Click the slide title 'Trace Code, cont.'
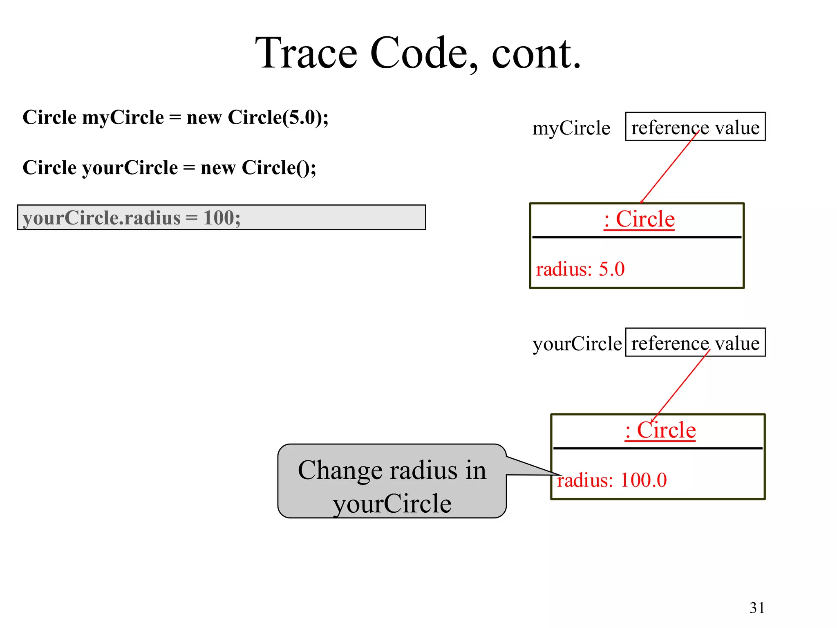click(418, 53)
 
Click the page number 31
click(757, 608)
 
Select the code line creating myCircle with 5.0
click(175, 118)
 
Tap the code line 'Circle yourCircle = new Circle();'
click(169, 168)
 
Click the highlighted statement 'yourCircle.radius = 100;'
click(132, 218)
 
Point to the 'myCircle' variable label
click(571, 128)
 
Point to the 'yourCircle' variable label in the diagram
click(577, 344)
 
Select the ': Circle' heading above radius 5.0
click(639, 219)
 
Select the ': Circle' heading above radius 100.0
click(660, 430)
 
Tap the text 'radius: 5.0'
click(580, 269)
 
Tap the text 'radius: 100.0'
click(611, 480)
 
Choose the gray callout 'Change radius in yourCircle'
click(392, 481)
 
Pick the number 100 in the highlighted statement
click(219, 218)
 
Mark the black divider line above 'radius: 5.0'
click(636, 237)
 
